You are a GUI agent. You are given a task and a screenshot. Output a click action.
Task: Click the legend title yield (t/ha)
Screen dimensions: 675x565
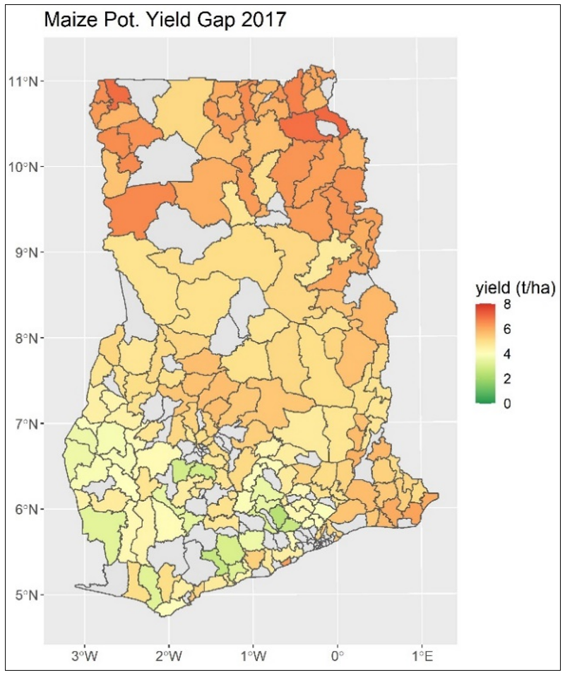[516, 288]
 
